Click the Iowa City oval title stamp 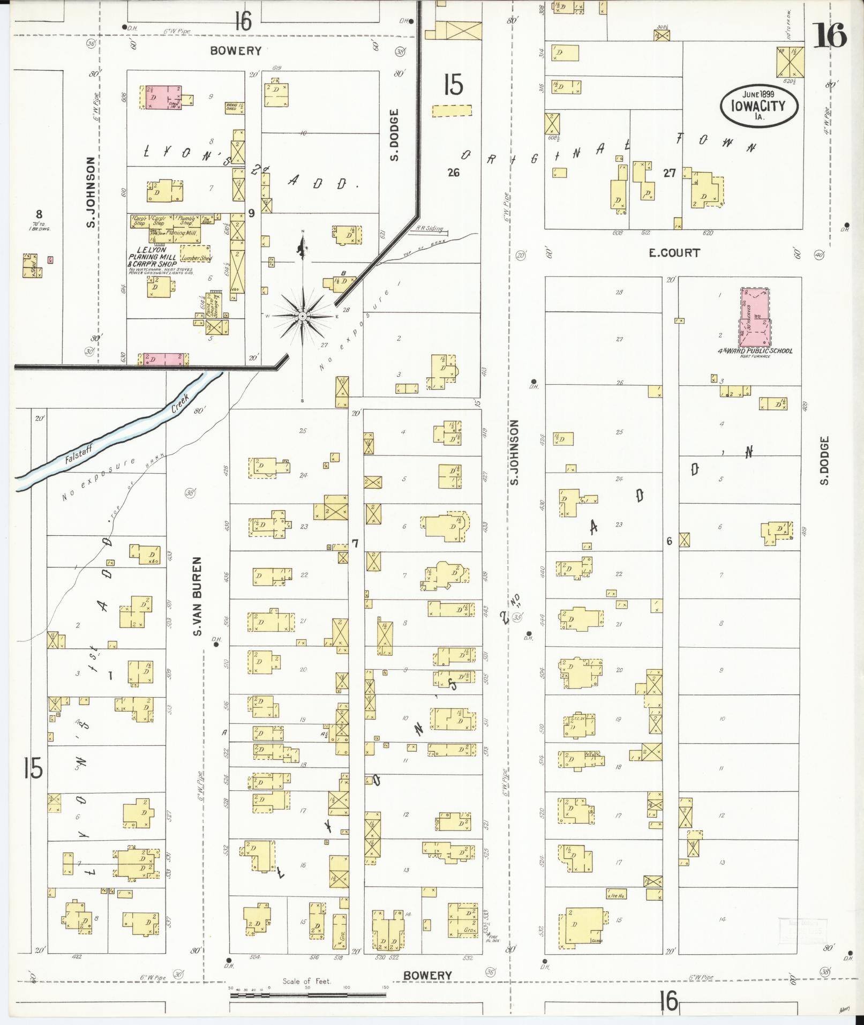pyautogui.click(x=758, y=106)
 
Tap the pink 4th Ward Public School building pyautogui.click(x=755, y=318)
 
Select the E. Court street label pyautogui.click(x=674, y=253)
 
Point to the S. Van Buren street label pyautogui.click(x=197, y=596)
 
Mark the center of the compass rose pyautogui.click(x=303, y=316)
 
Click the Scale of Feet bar pyautogui.click(x=307, y=995)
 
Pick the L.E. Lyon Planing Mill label pyautogui.click(x=152, y=257)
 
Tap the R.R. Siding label pyautogui.click(x=430, y=229)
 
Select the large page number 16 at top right pyautogui.click(x=829, y=36)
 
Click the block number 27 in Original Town pyautogui.click(x=669, y=173)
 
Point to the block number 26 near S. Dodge pyautogui.click(x=454, y=173)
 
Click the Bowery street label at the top pyautogui.click(x=236, y=51)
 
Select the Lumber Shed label pyautogui.click(x=197, y=258)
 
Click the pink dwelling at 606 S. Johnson pyautogui.click(x=161, y=98)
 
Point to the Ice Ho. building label pyautogui.click(x=616, y=895)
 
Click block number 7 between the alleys pyautogui.click(x=355, y=544)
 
